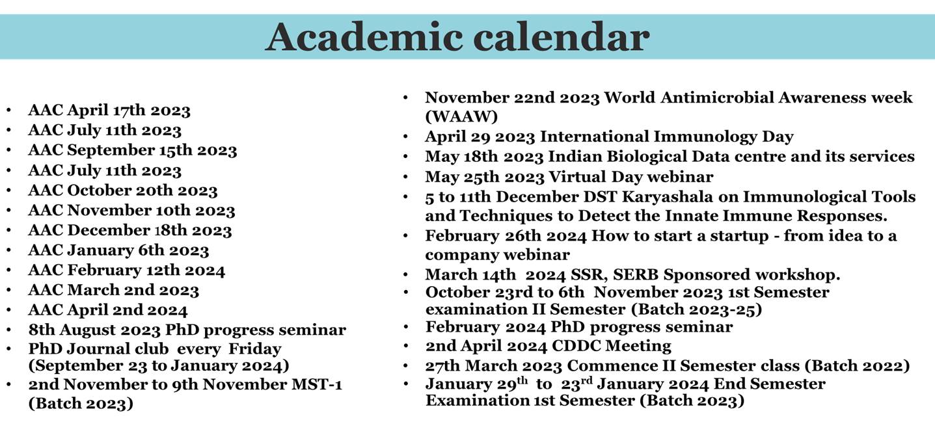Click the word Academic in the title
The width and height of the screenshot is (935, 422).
pyautogui.click(x=364, y=37)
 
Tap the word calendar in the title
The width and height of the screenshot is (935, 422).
pyautogui.click(x=562, y=37)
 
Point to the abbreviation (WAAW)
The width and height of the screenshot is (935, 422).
pyautogui.click(x=461, y=116)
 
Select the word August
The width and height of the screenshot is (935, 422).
pyautogui.click(x=87, y=330)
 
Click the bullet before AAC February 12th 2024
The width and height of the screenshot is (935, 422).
pyautogui.click(x=8, y=270)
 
